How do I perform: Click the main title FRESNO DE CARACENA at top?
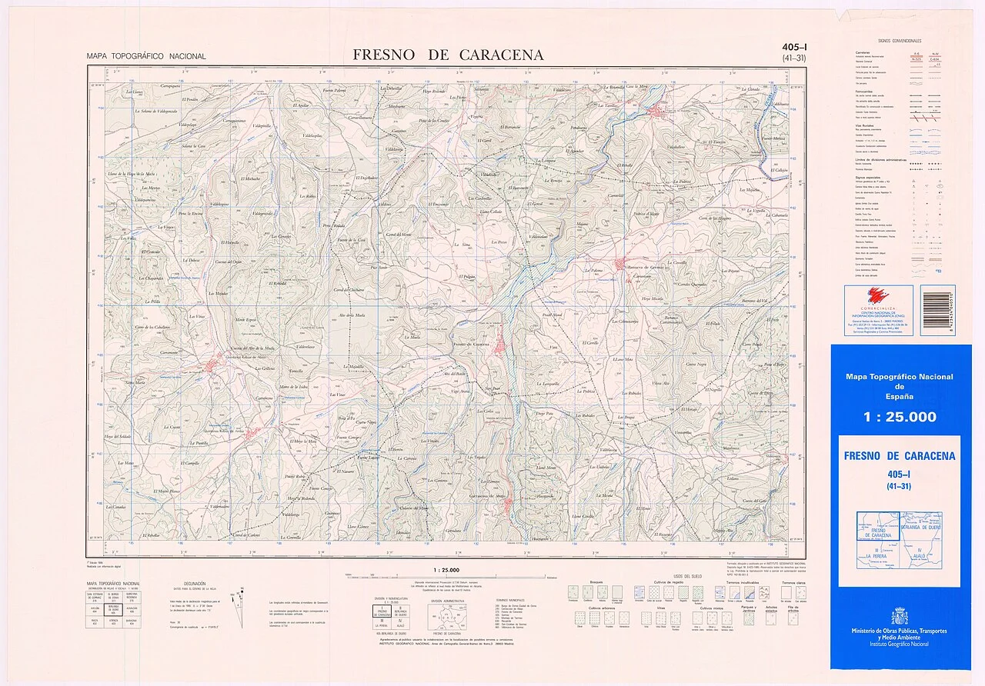tap(448, 55)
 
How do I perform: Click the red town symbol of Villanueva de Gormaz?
tap(622, 266)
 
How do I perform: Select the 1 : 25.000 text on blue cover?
tap(900, 418)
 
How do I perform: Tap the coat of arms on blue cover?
tap(900, 616)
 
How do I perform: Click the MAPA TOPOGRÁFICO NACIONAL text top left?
tap(146, 56)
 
